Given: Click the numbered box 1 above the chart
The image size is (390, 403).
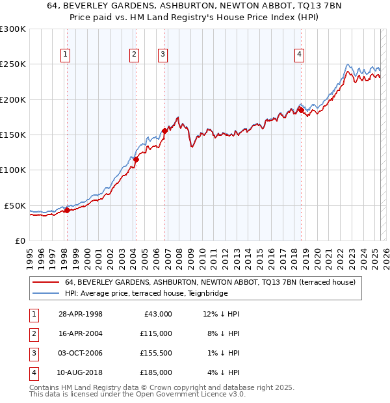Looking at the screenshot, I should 66,55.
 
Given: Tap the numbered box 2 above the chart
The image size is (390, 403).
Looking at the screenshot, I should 134,55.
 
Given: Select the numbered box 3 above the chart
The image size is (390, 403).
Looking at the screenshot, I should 162,55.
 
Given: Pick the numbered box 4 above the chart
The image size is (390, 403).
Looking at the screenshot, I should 299,55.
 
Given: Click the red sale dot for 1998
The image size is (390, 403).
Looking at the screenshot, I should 67,210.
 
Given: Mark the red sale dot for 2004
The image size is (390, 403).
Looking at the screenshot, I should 136,159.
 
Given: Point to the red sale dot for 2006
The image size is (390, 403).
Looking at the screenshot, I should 164,131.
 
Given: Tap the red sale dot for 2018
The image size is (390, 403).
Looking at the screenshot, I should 301,110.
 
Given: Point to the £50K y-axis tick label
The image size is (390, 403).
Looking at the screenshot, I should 16,205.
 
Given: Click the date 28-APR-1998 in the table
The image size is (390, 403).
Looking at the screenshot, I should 81,314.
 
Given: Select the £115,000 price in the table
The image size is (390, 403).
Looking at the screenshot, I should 156,333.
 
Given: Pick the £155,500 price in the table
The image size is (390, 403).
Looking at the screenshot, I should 156,353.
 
